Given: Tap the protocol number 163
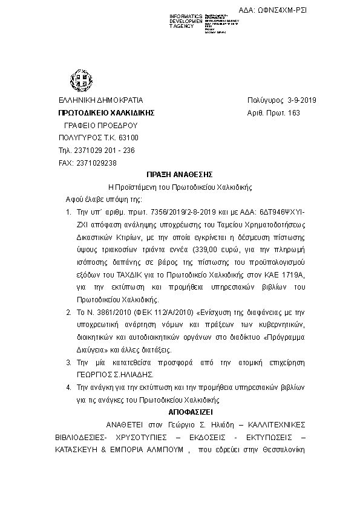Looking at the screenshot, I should coord(293,113).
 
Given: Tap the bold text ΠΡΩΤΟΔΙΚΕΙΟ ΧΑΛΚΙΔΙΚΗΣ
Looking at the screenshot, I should coord(107,113).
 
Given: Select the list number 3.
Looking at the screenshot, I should coord(68,362).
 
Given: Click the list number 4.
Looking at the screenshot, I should coord(68,387).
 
